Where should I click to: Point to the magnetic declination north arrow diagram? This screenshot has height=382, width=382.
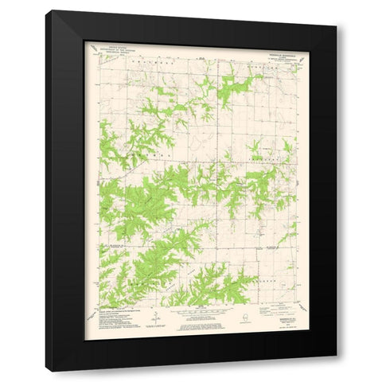tap(156, 318)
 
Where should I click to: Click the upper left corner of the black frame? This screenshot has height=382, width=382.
tap(46, 11)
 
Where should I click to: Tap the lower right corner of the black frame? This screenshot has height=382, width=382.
tap(336, 371)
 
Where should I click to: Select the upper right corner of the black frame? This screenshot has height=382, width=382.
tap(336, 11)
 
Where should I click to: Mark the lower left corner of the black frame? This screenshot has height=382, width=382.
tap(46, 371)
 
